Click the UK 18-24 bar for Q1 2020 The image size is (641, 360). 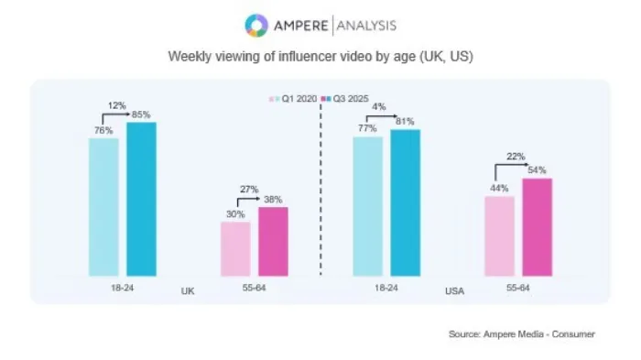(103, 207)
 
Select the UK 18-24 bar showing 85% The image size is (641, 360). (141, 199)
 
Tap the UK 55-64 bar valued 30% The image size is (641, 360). (235, 248)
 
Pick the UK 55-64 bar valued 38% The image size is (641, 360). (273, 241)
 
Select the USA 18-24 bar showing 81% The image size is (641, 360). (406, 202)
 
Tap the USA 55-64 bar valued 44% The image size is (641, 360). (500, 235)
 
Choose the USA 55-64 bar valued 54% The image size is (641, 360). (538, 226)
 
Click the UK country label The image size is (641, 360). (189, 290)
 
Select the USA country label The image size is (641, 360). (454, 290)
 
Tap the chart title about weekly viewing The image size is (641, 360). (320, 55)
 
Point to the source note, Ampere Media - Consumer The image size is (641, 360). (521, 334)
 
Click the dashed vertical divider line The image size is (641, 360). (320, 183)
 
